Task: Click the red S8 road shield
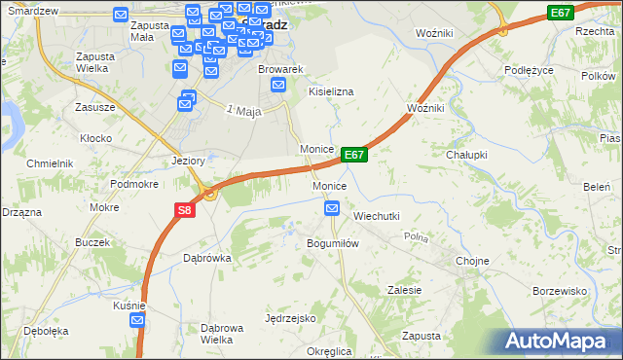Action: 185,209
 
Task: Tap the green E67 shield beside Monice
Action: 354,155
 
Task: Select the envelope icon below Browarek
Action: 278,86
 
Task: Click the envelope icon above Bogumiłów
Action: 332,207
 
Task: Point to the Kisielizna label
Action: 331,90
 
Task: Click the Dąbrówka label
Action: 206,258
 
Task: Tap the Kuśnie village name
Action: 129,305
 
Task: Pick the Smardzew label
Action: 31,10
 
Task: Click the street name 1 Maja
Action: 244,111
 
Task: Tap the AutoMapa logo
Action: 562,341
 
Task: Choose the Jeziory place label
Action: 187,161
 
